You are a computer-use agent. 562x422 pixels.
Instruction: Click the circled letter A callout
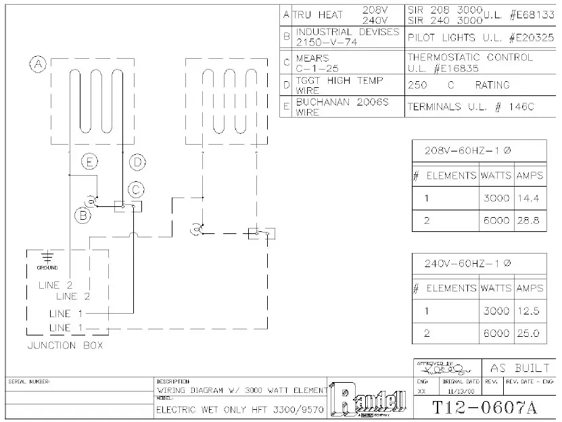tap(39, 64)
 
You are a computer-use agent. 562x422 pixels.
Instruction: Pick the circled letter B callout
tap(83, 216)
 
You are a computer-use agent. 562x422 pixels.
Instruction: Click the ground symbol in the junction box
tap(47, 257)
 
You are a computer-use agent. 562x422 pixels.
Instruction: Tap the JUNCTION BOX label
tap(66, 346)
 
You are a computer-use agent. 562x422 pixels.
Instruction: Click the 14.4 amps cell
tap(529, 199)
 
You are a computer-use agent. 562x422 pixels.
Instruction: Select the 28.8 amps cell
tap(529, 221)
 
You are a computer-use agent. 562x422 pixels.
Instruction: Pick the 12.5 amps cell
tap(529, 311)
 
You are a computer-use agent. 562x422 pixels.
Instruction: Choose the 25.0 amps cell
tap(529, 333)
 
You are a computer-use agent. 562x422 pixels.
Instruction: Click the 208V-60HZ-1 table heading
tap(467, 150)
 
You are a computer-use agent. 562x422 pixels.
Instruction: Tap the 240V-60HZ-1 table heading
tap(467, 263)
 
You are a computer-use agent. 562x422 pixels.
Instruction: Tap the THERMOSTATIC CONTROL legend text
tap(470, 57)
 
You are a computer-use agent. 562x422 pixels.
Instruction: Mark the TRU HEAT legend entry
tap(318, 14)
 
